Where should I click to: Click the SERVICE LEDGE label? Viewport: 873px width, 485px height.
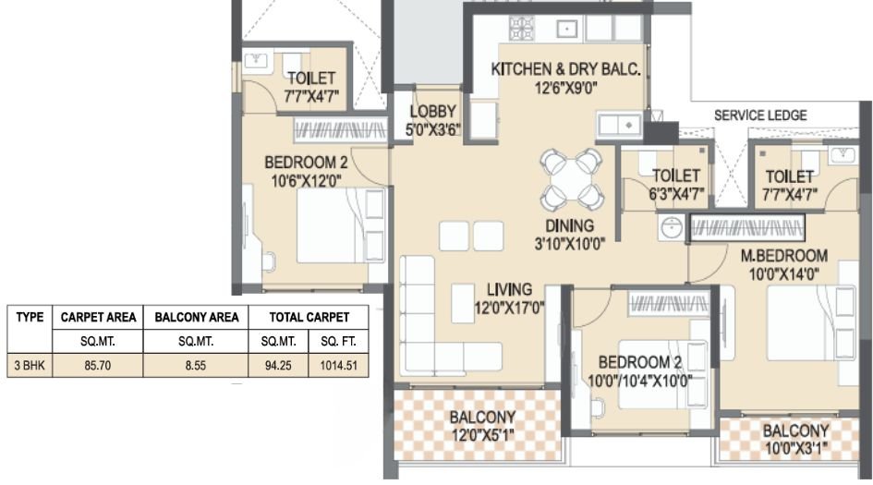point(760,115)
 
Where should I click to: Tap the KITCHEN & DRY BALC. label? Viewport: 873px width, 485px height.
point(565,69)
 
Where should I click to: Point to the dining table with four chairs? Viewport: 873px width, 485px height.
point(572,179)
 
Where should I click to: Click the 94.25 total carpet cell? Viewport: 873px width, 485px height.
point(277,365)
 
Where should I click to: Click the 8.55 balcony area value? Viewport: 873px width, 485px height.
point(196,365)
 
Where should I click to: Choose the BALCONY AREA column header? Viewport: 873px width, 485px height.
point(196,317)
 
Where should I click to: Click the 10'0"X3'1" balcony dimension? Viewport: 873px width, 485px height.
point(795,449)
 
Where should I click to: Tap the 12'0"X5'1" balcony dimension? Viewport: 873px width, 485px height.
point(482,435)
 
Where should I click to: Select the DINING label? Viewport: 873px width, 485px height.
point(568,225)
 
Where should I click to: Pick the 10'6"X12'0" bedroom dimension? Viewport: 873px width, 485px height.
point(304,180)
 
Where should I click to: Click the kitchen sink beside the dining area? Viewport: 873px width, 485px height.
point(619,123)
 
